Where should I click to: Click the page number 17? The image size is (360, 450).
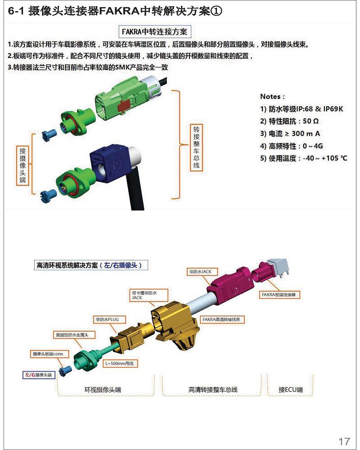point(344,441)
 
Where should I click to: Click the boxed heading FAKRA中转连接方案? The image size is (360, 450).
point(154,31)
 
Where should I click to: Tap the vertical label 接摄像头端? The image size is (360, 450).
point(22,165)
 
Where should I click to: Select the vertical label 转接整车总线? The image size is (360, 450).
point(196,147)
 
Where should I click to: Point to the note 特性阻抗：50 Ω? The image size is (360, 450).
point(289,121)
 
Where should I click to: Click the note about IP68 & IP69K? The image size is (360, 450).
point(301,109)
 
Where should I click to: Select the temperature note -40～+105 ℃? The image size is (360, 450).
point(304,158)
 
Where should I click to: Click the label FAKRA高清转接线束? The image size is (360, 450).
point(222,319)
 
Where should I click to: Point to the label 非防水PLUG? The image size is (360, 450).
point(108,319)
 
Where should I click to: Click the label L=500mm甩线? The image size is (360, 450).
point(120,363)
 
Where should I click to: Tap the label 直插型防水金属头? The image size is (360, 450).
point(74,335)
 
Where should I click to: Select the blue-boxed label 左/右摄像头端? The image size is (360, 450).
point(39,375)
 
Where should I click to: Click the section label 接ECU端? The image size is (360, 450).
point(291,389)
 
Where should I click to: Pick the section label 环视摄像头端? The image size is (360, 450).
point(103,389)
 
